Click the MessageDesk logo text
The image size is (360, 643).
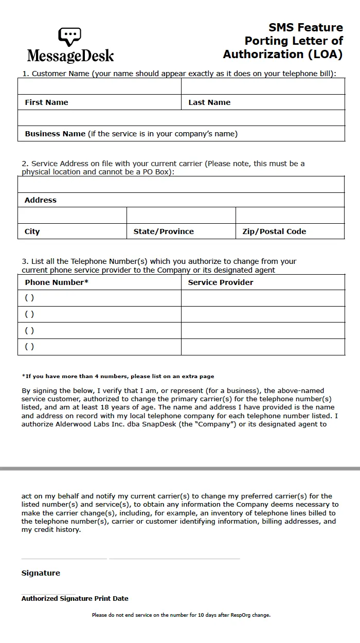(70, 56)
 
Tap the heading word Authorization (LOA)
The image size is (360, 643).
(282, 54)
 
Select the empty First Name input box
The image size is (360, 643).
(99, 86)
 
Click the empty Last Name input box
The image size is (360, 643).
(263, 86)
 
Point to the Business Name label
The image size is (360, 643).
(55, 134)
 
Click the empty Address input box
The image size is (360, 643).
(181, 185)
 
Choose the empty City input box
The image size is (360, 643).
(72, 216)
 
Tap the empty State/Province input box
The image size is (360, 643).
(181, 216)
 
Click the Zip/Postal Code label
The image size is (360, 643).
(274, 231)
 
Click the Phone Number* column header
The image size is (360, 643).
(57, 282)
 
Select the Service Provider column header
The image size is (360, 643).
(221, 282)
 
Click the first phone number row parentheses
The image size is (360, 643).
(29, 298)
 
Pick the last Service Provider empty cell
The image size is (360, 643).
(263, 347)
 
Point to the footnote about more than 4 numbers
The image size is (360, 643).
(118, 377)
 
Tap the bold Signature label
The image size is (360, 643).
(41, 573)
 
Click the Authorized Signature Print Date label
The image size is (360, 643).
(75, 598)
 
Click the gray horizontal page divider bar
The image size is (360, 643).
(180, 469)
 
